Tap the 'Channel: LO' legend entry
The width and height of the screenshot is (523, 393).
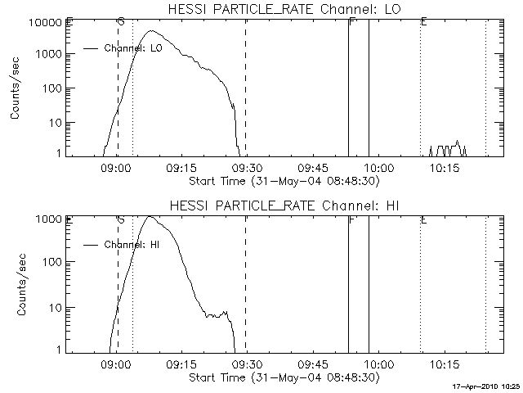click(134, 48)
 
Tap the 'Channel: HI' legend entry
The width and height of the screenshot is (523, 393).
click(131, 244)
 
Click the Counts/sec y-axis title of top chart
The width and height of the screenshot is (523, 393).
click(16, 88)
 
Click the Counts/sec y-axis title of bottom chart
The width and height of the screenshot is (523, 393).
click(16, 284)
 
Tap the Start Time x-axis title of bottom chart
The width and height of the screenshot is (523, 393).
click(283, 377)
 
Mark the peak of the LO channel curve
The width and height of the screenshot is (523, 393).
click(151, 32)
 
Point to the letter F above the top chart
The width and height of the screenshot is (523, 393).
click(351, 22)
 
